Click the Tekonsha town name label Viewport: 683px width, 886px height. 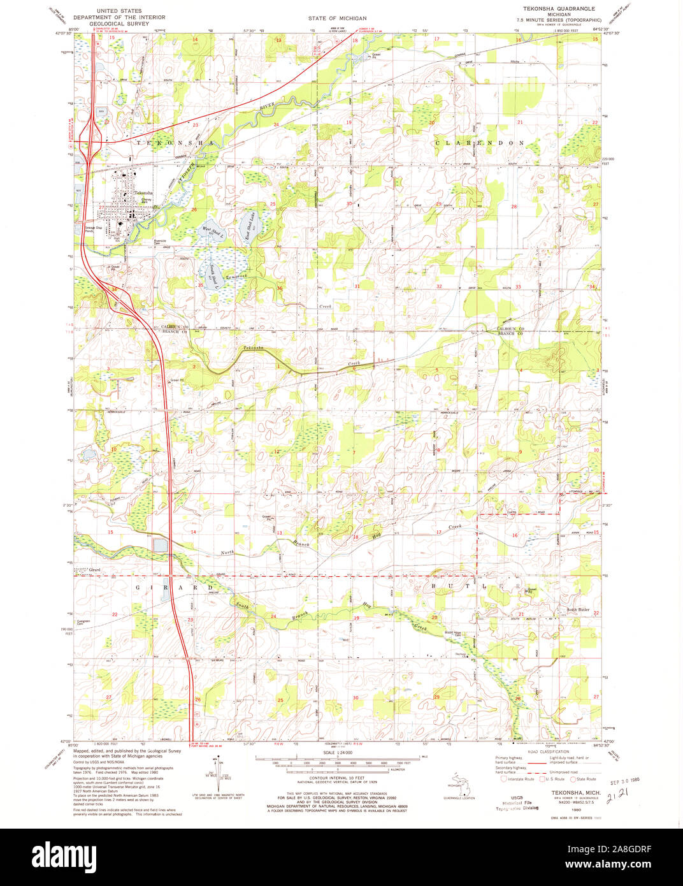click(x=143, y=192)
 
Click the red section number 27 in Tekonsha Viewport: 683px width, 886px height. click(x=101, y=207)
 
